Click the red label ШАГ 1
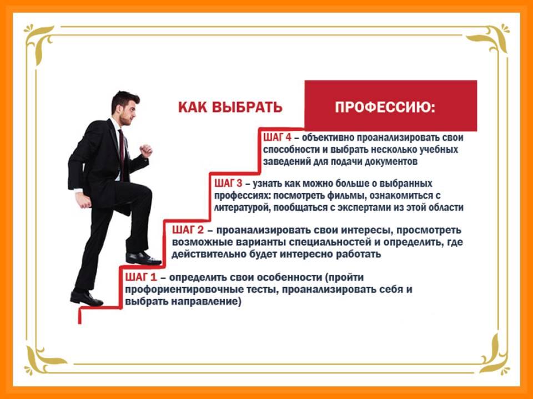(140, 277)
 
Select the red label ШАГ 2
(188, 230)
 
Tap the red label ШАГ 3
(228, 183)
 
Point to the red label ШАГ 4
(278, 137)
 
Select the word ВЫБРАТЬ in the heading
(247, 107)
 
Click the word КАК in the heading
(193, 107)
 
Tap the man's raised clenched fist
(146, 151)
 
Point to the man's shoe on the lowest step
(87, 298)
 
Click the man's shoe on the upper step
(143, 259)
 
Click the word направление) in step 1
(207, 301)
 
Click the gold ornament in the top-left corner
(38, 40)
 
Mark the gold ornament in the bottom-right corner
(494, 355)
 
